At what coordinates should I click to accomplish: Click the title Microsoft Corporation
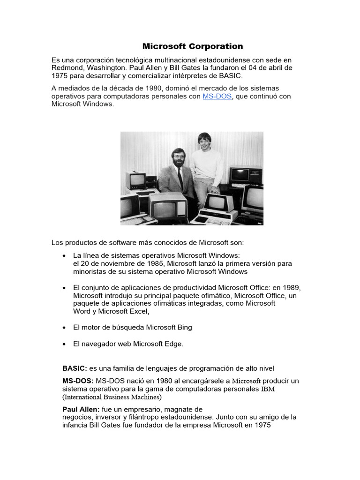(x=193, y=46)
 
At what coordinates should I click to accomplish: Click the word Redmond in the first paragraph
(x=66, y=67)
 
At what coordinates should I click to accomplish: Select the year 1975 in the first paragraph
(x=60, y=75)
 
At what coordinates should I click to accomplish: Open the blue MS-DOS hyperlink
(x=217, y=96)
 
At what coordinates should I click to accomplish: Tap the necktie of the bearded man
(x=180, y=178)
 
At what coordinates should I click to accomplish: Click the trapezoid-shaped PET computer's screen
(x=217, y=202)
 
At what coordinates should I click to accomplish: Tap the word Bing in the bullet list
(x=183, y=327)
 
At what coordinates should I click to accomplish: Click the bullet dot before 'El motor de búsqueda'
(x=64, y=328)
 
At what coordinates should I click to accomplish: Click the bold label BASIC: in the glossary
(x=75, y=368)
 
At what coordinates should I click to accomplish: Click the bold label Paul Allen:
(x=81, y=409)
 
